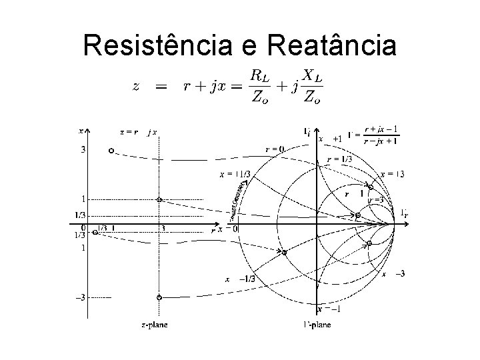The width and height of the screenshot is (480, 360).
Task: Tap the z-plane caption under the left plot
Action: (x=154, y=325)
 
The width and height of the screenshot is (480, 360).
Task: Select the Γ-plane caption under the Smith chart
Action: (x=316, y=325)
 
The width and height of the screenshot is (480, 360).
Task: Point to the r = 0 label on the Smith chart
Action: (x=274, y=149)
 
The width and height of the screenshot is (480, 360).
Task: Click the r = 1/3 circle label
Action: (x=340, y=159)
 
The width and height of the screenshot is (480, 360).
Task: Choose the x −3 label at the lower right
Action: (x=394, y=274)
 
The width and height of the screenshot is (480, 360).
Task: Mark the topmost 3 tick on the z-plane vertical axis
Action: (x=82, y=150)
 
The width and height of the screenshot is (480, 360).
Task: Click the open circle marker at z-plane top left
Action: (x=111, y=150)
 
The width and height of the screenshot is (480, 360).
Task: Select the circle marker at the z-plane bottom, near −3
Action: (x=159, y=297)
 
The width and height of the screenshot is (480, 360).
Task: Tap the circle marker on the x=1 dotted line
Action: (x=159, y=199)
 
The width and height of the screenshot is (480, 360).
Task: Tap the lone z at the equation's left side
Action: (x=136, y=87)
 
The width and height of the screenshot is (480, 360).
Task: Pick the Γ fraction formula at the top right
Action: (x=382, y=135)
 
